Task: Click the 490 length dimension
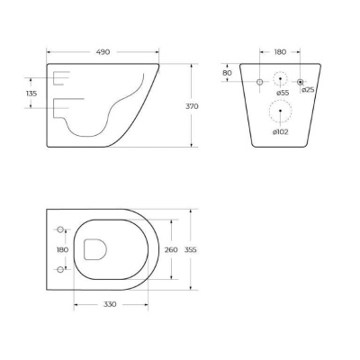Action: pyautogui.click(x=103, y=52)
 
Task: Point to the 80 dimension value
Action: pyautogui.click(x=227, y=74)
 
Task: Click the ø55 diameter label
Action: pyautogui.click(x=283, y=92)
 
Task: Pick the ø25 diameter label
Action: pyautogui.click(x=307, y=90)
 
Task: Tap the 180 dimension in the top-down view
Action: pyautogui.click(x=62, y=249)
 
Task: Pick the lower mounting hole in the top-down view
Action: pyautogui.click(x=62, y=270)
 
